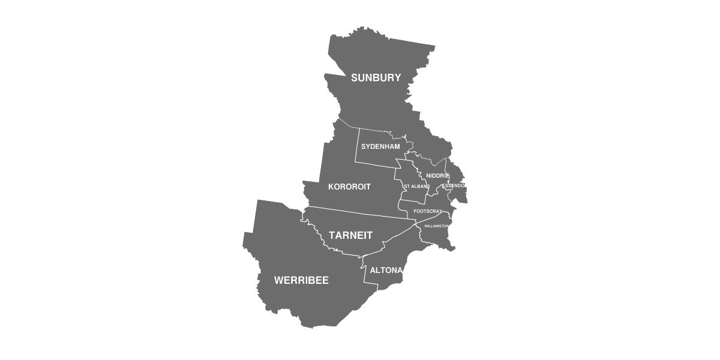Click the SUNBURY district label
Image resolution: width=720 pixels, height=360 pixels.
click(x=376, y=77)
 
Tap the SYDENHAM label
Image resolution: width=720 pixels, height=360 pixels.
click(x=380, y=146)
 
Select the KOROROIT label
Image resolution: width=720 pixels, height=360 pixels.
click(x=349, y=187)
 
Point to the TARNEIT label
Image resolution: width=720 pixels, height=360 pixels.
click(x=350, y=235)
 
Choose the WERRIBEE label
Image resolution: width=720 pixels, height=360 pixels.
click(x=301, y=280)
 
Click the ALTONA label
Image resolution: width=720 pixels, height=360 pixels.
click(x=386, y=270)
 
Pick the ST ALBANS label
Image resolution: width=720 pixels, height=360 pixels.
click(x=416, y=187)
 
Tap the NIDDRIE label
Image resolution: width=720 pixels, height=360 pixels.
click(x=438, y=175)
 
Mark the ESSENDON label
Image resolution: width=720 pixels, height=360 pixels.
click(x=454, y=185)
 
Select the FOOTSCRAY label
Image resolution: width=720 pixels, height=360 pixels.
click(x=428, y=211)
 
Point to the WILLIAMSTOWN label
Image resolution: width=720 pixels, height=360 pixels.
click(x=437, y=226)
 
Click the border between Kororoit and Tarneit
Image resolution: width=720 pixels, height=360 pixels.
click(x=360, y=213)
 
